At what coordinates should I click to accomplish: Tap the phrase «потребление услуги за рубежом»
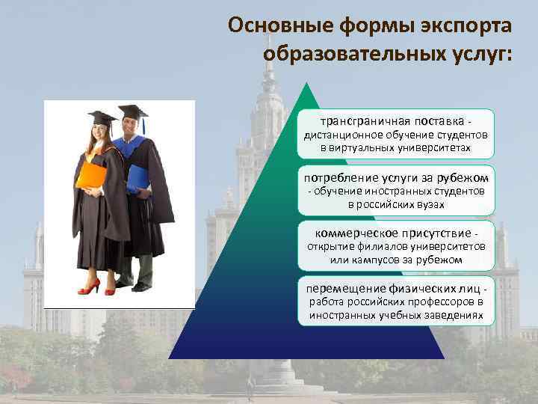tap(396, 177)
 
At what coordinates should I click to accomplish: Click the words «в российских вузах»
tap(396, 204)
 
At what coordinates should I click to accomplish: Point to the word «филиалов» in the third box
tap(381, 246)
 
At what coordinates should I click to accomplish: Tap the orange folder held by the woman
tap(91, 174)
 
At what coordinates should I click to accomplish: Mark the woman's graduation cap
tap(102, 117)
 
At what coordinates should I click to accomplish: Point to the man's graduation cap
tap(132, 111)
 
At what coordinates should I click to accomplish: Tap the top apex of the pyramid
tap(306, 84)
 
